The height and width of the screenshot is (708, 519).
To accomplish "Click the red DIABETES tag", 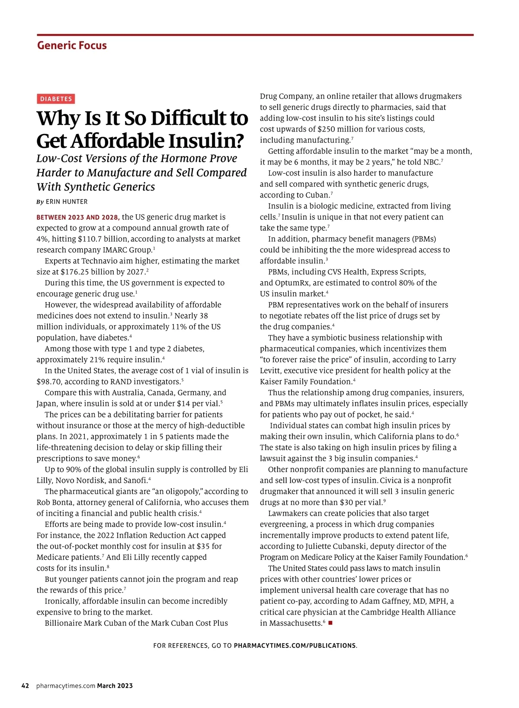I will pyautogui.click(x=56, y=99).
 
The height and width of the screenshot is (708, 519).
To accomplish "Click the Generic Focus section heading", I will pyautogui.click(x=72, y=45).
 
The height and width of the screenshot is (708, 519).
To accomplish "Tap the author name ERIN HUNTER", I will pyautogui.click(x=67, y=202).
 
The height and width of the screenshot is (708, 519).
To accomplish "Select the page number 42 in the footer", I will pyautogui.click(x=26, y=686).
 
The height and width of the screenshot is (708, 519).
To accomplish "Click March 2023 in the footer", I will pyautogui.click(x=115, y=686).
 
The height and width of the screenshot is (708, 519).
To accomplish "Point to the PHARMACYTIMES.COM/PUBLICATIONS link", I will pyautogui.click(x=295, y=646).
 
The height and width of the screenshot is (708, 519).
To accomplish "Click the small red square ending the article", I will pyautogui.click(x=330, y=623).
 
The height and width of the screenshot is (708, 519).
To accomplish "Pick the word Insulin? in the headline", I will pyautogui.click(x=206, y=141).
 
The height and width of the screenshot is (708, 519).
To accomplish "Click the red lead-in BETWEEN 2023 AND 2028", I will pyautogui.click(x=78, y=217).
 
